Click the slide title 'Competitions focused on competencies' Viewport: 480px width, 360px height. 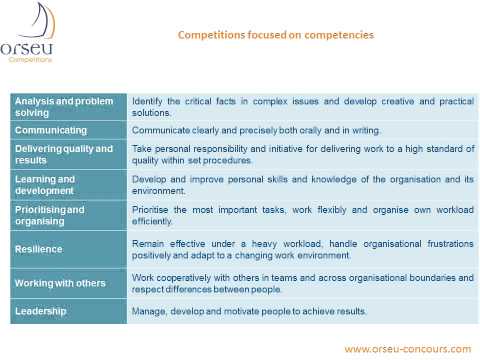pos(275,34)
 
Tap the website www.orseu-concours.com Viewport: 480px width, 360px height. pos(406,349)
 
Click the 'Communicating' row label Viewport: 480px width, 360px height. pos(52,130)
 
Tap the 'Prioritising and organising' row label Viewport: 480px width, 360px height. pos(50,215)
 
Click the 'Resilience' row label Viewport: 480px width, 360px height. pos(39,248)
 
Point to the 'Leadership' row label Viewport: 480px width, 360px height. pos(41,311)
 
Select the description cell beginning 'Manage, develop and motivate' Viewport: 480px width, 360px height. pos(250,311)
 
